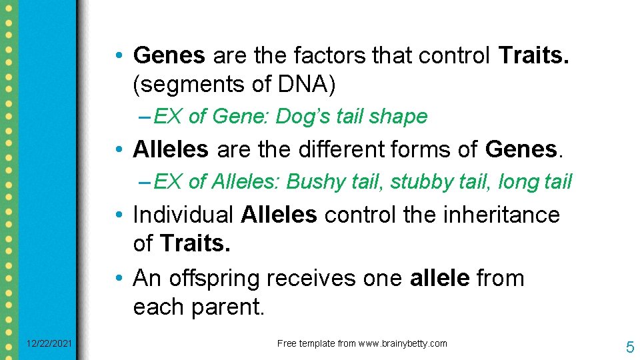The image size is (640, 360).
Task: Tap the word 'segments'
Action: coord(182,85)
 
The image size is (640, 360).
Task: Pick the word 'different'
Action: coord(348,149)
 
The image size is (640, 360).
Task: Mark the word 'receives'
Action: coord(312,278)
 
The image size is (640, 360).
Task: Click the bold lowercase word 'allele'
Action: coord(439,278)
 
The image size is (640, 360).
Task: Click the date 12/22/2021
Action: coord(50,344)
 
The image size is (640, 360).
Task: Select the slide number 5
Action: coord(629,347)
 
